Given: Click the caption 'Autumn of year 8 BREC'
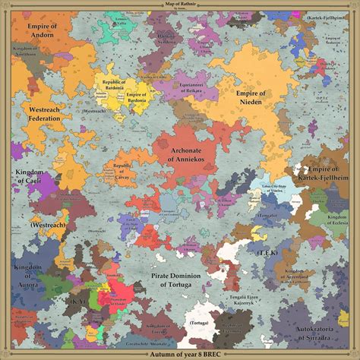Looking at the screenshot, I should [180, 352].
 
